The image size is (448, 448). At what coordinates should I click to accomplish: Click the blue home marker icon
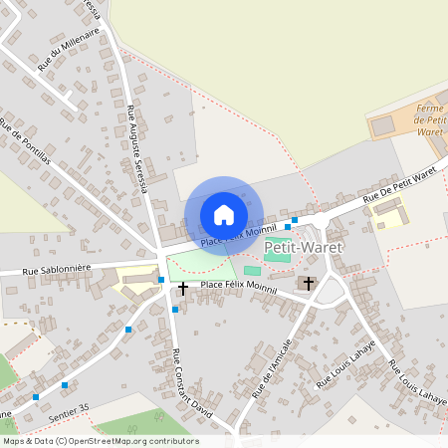pyautogui.click(x=223, y=215)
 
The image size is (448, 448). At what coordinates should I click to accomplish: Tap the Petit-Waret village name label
pyautogui.click(x=303, y=246)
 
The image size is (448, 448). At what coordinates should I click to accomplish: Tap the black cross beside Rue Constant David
pyautogui.click(x=182, y=288)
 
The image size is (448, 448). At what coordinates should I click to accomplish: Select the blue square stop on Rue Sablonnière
pyautogui.click(x=161, y=280)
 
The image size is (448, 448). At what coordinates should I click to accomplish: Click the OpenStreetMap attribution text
pyautogui.click(x=100, y=440)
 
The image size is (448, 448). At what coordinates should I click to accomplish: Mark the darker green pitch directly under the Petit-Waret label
pyautogui.click(x=279, y=258)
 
